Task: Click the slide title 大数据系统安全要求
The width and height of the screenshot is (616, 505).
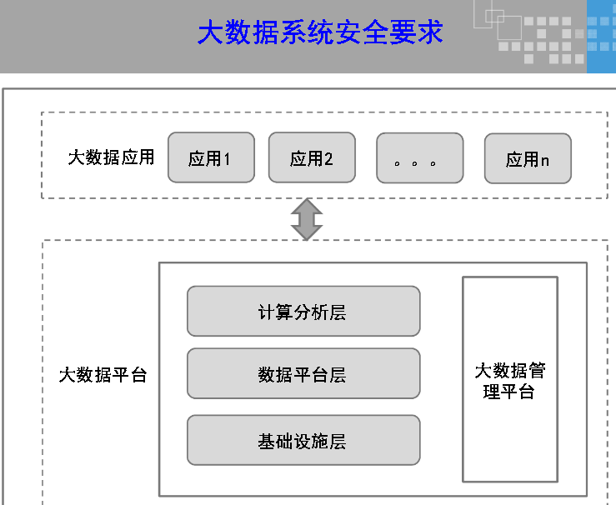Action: [x=320, y=33]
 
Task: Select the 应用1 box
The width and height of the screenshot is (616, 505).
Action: [x=211, y=157]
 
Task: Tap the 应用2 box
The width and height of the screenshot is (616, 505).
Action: [x=312, y=157]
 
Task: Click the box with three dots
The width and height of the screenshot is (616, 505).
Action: [x=419, y=157]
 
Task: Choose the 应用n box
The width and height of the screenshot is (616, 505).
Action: [x=528, y=158]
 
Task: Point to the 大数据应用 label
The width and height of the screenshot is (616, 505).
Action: [x=111, y=157]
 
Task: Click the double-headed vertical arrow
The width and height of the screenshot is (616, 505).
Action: [x=307, y=219]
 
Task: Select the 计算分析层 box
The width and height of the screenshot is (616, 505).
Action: [x=303, y=312]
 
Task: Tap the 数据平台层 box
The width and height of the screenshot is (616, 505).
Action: [x=303, y=374]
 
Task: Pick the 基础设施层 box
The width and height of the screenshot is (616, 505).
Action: [x=303, y=440]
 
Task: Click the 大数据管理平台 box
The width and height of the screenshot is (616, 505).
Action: [x=510, y=380]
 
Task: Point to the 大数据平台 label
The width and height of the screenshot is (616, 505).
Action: [x=103, y=375]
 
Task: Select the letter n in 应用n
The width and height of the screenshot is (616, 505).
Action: [x=544, y=160]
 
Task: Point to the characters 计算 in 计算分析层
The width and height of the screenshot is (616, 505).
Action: [x=276, y=312]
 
